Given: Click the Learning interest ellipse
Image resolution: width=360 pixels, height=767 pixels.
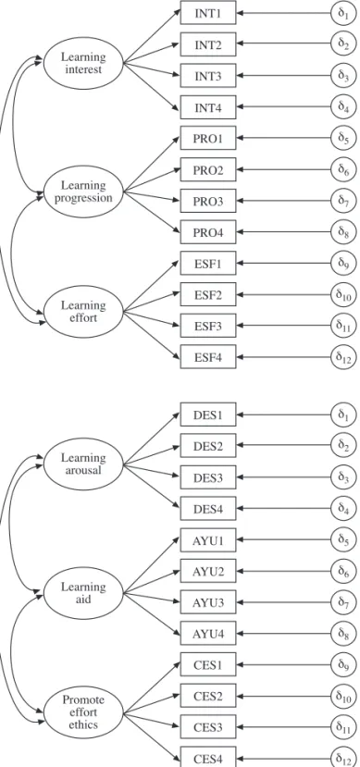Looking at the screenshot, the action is pyautogui.click(x=83, y=63).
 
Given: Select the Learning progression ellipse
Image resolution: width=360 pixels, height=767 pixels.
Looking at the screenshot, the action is pyautogui.click(x=83, y=192).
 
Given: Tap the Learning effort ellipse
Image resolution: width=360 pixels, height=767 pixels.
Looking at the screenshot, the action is pyautogui.click(x=83, y=311).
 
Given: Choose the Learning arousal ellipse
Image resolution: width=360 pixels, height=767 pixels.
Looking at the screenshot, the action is pyautogui.click(x=83, y=464).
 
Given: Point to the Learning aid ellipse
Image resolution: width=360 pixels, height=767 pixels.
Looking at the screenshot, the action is pyautogui.click(x=83, y=592).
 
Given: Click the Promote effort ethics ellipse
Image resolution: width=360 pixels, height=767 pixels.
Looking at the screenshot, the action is pyautogui.click(x=83, y=712).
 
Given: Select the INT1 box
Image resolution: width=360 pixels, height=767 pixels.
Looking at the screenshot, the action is pyautogui.click(x=208, y=13).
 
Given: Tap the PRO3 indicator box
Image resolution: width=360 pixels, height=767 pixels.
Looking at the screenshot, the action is pyautogui.click(x=208, y=202).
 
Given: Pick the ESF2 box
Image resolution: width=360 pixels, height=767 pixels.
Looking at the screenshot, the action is pyautogui.click(x=208, y=295).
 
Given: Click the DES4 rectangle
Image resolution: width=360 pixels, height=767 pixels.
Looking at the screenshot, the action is pyautogui.click(x=208, y=509).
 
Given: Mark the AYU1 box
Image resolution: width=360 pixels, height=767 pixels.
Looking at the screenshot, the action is pyautogui.click(x=208, y=540).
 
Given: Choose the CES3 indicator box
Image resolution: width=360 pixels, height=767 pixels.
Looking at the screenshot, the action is pyautogui.click(x=208, y=727).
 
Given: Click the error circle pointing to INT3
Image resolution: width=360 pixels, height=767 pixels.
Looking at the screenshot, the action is pyautogui.click(x=343, y=77).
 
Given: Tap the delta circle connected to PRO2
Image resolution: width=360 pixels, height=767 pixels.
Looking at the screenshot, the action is pyautogui.click(x=343, y=170).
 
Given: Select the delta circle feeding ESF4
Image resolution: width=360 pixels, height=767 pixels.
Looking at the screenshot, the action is pyautogui.click(x=343, y=357).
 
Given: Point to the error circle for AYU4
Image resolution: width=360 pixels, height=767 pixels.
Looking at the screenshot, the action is pyautogui.click(x=343, y=634).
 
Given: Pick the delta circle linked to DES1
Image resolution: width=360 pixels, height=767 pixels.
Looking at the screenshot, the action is pyautogui.click(x=343, y=415).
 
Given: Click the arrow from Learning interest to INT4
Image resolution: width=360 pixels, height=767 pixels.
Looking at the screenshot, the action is pyautogui.click(x=152, y=85).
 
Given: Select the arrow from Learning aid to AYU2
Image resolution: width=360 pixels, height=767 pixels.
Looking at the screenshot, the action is pyautogui.click(x=152, y=582).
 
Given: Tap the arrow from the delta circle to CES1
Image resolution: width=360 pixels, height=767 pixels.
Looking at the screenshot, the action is pyautogui.click(x=284, y=665).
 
